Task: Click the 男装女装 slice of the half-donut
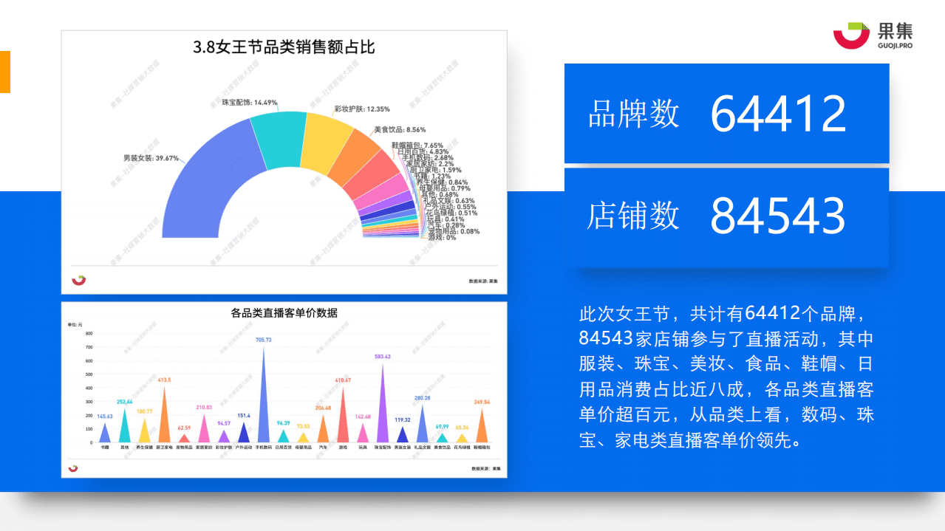pyautogui.click(x=196, y=185)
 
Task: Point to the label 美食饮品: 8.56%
pyautogui.click(x=400, y=129)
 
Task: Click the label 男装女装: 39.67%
pyautogui.click(x=151, y=157)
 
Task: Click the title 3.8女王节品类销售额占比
pyautogui.click(x=284, y=48)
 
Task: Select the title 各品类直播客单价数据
pyautogui.click(x=284, y=312)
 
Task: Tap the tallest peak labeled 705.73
pyautogui.click(x=264, y=391)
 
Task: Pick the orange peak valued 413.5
pyautogui.click(x=164, y=414)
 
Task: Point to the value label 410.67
pyautogui.click(x=343, y=380)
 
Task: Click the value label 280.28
pyautogui.click(x=422, y=398)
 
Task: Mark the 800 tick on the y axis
pyautogui.click(x=88, y=334)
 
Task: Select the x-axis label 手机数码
pyautogui.click(x=264, y=448)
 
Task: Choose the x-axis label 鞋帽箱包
pyautogui.click(x=482, y=448)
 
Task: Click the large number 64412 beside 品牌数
pyautogui.click(x=777, y=114)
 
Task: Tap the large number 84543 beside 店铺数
pyautogui.click(x=777, y=216)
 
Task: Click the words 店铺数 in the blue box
pyautogui.click(x=633, y=216)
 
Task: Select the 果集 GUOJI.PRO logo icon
pyautogui.click(x=850, y=35)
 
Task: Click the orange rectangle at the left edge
pyautogui.click(x=4, y=72)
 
